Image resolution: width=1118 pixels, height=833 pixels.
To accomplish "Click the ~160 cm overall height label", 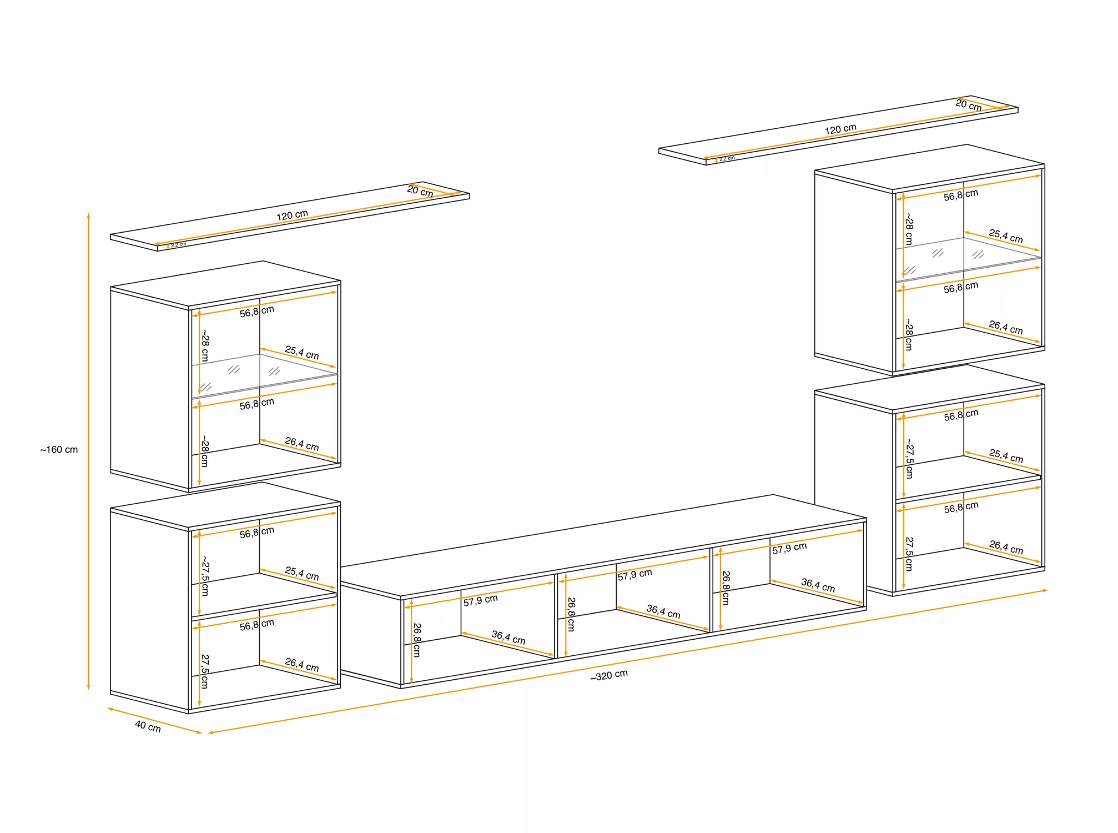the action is pyautogui.click(x=59, y=449).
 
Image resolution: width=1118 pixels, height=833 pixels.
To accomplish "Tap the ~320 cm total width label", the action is pyautogui.click(x=609, y=675).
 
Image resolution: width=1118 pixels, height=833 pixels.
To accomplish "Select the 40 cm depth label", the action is pyautogui.click(x=148, y=726).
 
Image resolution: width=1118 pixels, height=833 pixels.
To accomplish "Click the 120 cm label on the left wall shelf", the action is pyautogui.click(x=292, y=214).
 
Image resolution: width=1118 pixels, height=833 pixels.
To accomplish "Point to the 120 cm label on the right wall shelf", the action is pyautogui.click(x=840, y=129).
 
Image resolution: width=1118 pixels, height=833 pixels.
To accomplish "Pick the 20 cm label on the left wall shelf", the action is pyautogui.click(x=420, y=191).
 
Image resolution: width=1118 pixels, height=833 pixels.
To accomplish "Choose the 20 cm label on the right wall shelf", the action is pyautogui.click(x=969, y=105).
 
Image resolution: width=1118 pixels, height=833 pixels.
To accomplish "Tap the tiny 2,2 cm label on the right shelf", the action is pyautogui.click(x=727, y=159).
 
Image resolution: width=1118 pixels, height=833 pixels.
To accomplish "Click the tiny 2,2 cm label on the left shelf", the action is pyautogui.click(x=178, y=245).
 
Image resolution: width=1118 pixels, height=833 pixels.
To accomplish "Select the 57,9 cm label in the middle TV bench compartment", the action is pyautogui.click(x=634, y=574).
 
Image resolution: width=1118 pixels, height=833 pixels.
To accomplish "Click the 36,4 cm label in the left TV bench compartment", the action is pyautogui.click(x=508, y=637).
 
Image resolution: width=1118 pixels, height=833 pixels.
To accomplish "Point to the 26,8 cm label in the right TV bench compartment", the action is pyautogui.click(x=726, y=588).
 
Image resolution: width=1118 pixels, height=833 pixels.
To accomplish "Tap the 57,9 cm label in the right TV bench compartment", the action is pyautogui.click(x=789, y=548).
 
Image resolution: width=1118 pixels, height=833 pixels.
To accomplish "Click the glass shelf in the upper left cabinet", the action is pyautogui.click(x=264, y=375).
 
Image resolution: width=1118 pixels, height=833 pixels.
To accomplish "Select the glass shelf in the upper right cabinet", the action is pyautogui.click(x=968, y=259).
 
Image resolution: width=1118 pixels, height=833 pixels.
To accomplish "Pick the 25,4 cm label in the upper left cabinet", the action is pyautogui.click(x=302, y=353).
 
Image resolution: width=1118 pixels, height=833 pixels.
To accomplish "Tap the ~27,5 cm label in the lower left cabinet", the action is pyautogui.click(x=205, y=575).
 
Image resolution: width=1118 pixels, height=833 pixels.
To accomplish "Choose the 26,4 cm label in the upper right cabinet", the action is pyautogui.click(x=1006, y=328).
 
